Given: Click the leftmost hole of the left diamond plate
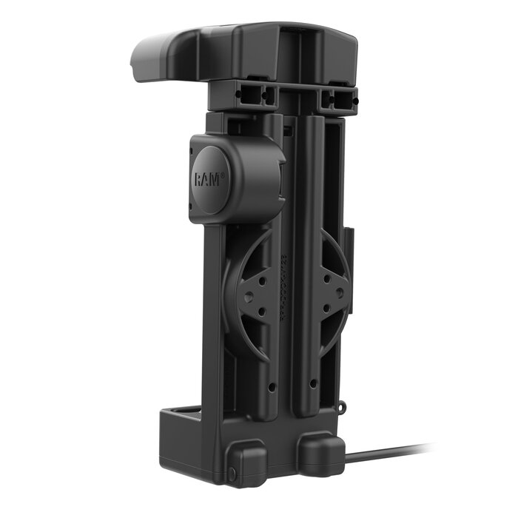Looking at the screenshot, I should click(x=248, y=295).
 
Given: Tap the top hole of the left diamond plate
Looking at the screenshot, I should click(x=260, y=277).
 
